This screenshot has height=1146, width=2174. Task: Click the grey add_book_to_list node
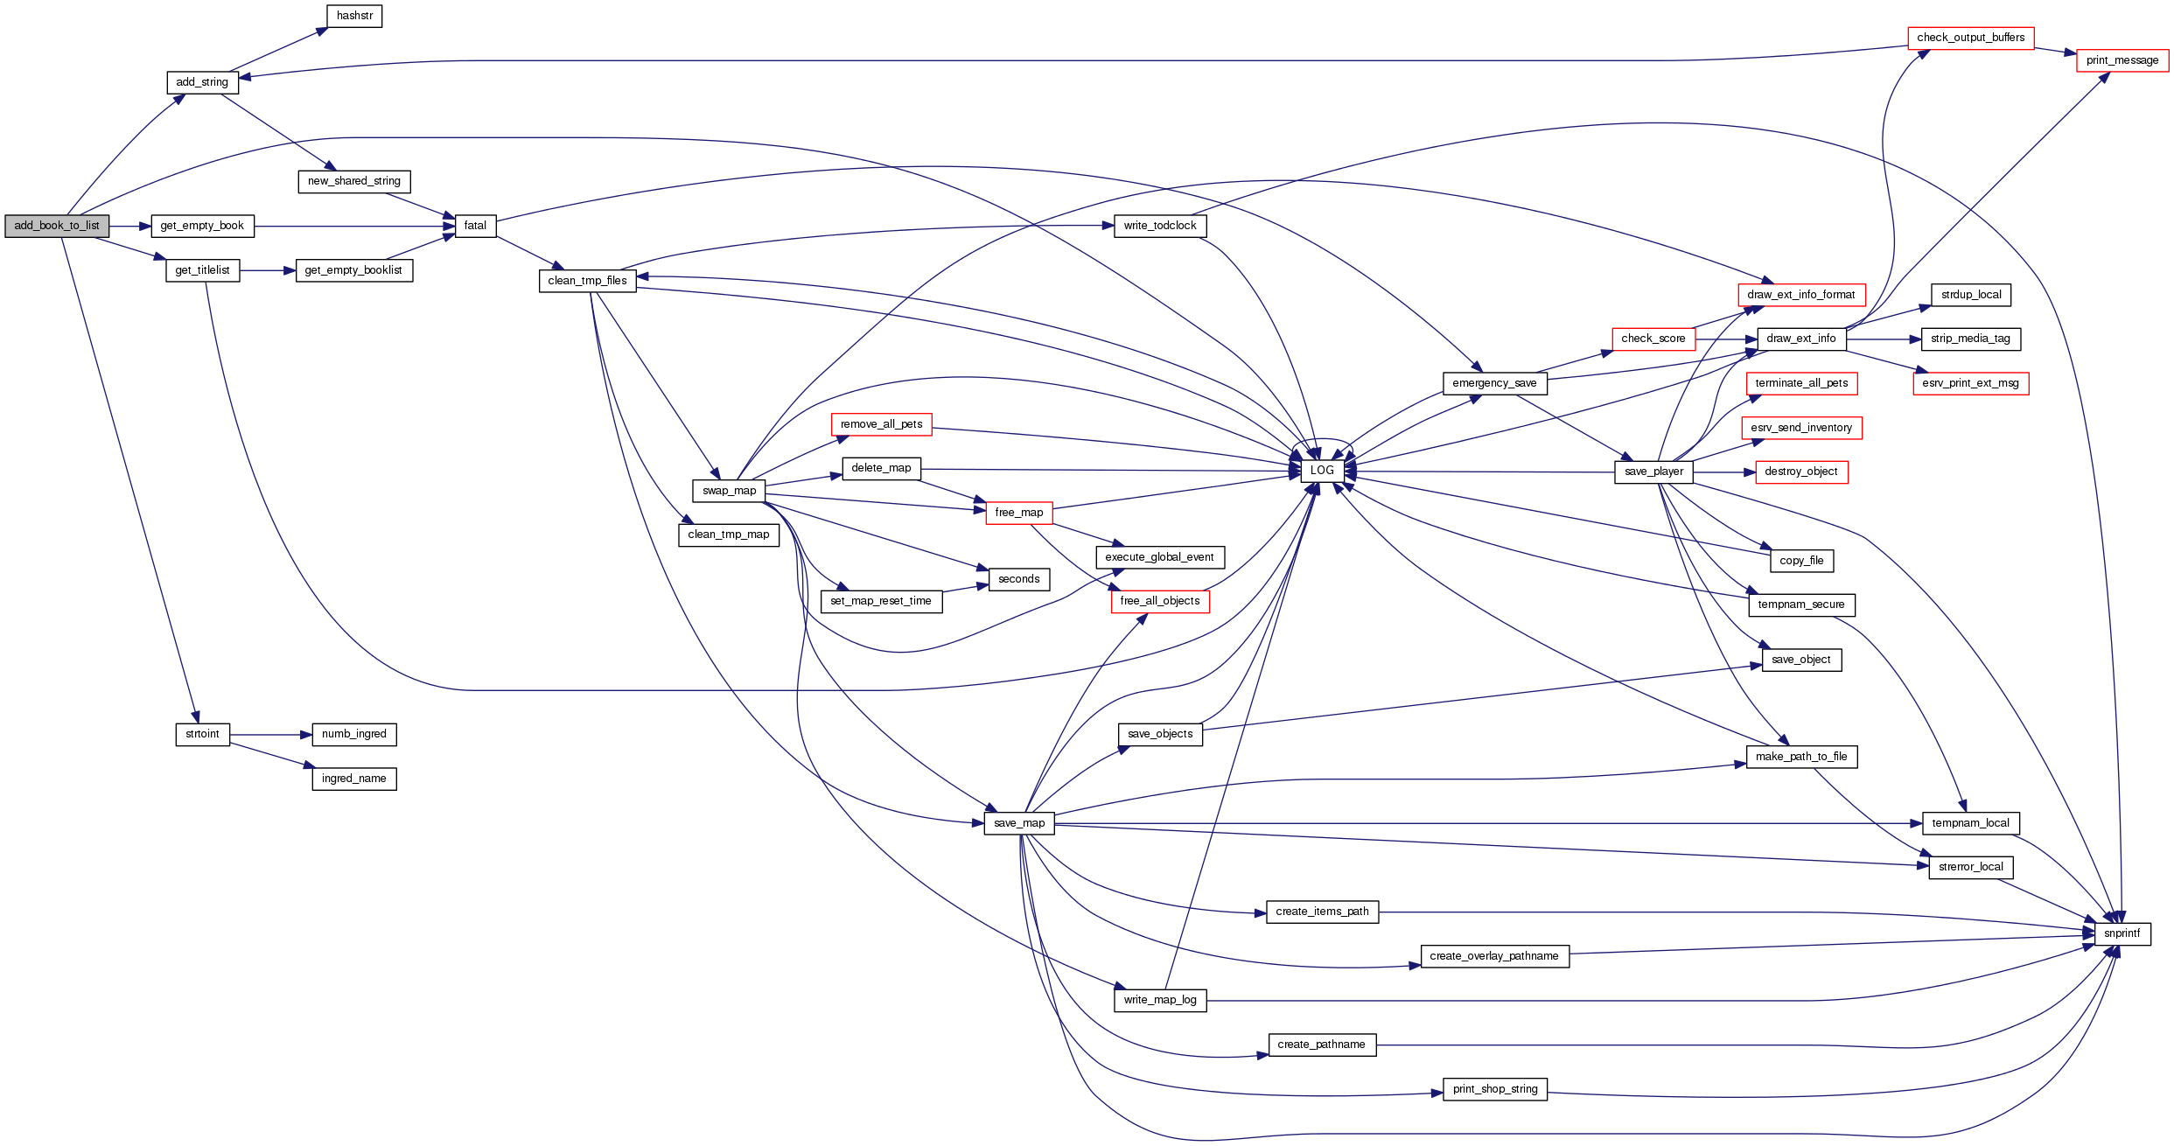(x=57, y=226)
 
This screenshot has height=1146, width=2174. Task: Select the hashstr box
(x=354, y=16)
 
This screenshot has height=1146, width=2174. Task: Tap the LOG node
(x=1322, y=471)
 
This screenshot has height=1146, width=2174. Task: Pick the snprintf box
(x=2122, y=933)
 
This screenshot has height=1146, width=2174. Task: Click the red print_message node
(x=2122, y=60)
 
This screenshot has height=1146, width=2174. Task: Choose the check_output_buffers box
(x=1970, y=38)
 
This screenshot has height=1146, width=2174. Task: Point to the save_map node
(x=1019, y=823)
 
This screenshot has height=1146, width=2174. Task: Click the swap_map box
(x=729, y=491)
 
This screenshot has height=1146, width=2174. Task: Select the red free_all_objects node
(x=1159, y=601)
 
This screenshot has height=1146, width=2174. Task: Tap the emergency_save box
(x=1494, y=383)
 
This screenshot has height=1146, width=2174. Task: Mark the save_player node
(x=1653, y=472)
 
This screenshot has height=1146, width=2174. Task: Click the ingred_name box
(x=353, y=779)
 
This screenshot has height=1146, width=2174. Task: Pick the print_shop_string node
(x=1494, y=1089)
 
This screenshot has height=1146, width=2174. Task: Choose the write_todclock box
(x=1159, y=226)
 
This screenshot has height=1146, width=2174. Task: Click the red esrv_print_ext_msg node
(x=1970, y=383)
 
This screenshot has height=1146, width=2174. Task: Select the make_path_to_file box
(x=1800, y=757)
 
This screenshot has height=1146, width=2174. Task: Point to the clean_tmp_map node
(x=728, y=535)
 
